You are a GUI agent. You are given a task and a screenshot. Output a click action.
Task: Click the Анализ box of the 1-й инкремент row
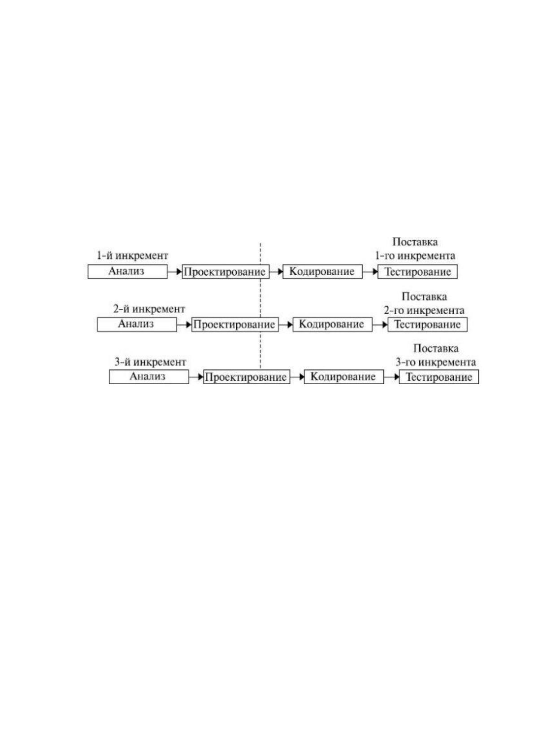(x=127, y=271)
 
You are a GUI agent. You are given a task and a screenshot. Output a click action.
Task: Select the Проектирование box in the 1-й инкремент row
(x=226, y=272)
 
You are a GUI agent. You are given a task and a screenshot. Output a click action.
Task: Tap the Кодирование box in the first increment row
(x=322, y=271)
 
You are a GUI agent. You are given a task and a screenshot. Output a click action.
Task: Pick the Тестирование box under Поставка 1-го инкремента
(x=417, y=272)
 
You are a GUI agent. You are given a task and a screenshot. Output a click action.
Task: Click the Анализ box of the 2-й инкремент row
(x=137, y=324)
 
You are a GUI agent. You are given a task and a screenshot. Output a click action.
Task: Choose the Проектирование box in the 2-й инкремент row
(x=235, y=325)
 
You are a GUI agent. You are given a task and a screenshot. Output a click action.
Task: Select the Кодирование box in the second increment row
(x=332, y=324)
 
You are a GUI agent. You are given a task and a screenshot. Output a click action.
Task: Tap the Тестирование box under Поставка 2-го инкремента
(x=427, y=325)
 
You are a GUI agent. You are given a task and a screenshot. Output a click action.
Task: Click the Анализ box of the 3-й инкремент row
(x=149, y=377)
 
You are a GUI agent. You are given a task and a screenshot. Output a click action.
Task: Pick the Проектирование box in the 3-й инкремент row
(x=247, y=377)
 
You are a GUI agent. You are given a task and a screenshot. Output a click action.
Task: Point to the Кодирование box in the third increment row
(x=344, y=377)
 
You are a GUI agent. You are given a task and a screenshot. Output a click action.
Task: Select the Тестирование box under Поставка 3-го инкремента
(x=439, y=377)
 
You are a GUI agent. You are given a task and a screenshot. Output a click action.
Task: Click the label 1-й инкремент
(x=132, y=256)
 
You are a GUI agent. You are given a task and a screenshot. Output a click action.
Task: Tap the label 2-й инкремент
(x=149, y=309)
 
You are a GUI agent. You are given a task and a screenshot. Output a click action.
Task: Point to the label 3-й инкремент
(x=150, y=362)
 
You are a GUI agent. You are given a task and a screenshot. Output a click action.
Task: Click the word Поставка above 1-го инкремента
(x=415, y=242)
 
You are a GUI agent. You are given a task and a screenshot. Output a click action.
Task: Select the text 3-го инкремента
(x=436, y=362)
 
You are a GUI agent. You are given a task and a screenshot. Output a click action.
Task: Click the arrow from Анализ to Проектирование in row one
(x=174, y=272)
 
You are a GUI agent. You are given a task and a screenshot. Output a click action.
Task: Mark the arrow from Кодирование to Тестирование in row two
(x=380, y=325)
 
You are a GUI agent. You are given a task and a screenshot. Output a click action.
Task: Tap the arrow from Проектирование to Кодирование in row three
(x=297, y=377)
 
